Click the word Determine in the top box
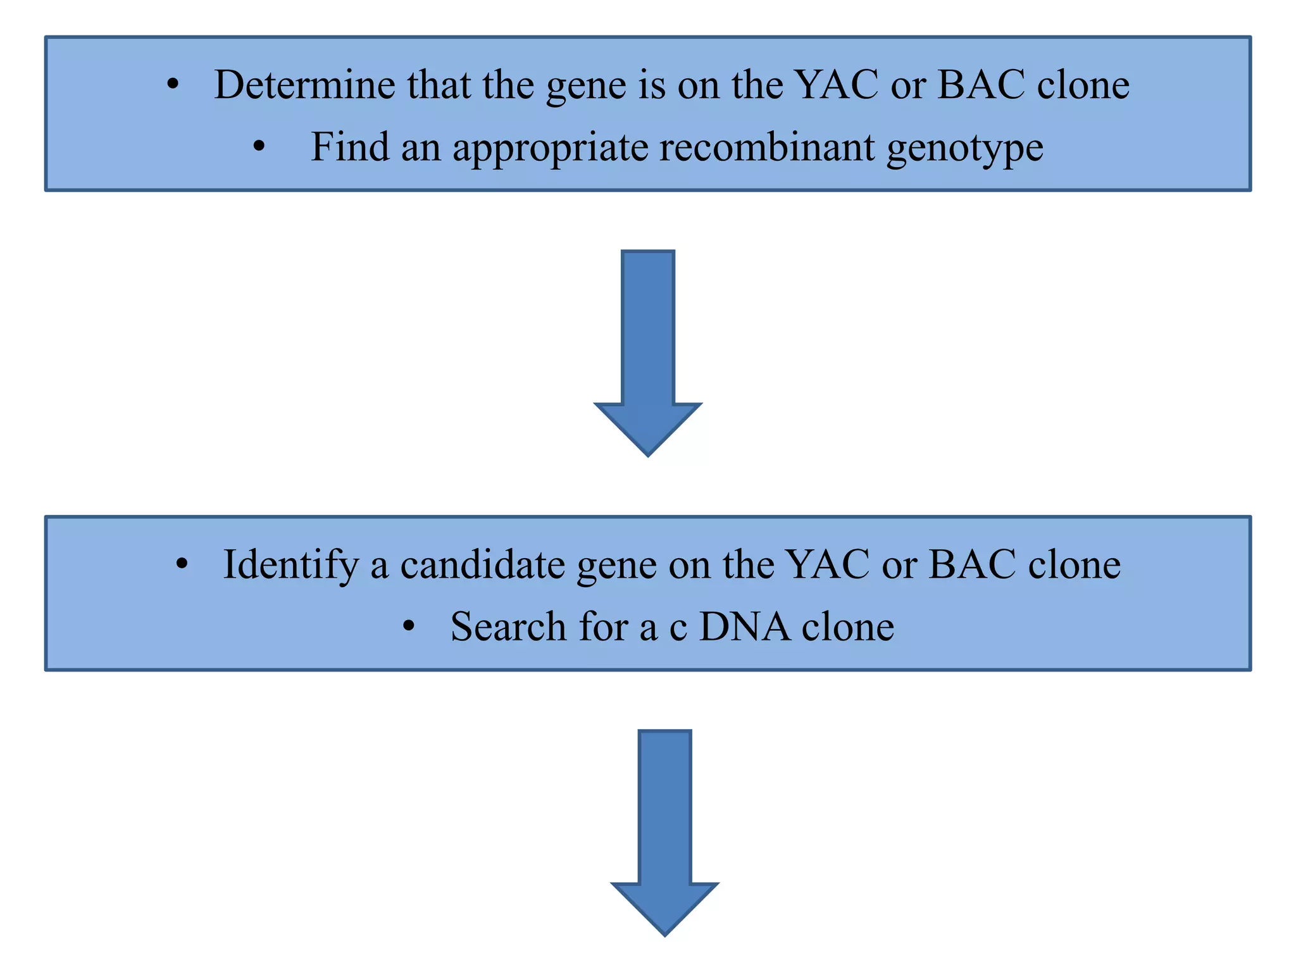[304, 84]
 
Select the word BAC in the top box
[980, 84]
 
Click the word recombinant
[766, 147]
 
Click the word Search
[508, 626]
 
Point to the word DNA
[744, 626]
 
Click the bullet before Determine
[173, 85]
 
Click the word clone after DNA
[847, 626]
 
